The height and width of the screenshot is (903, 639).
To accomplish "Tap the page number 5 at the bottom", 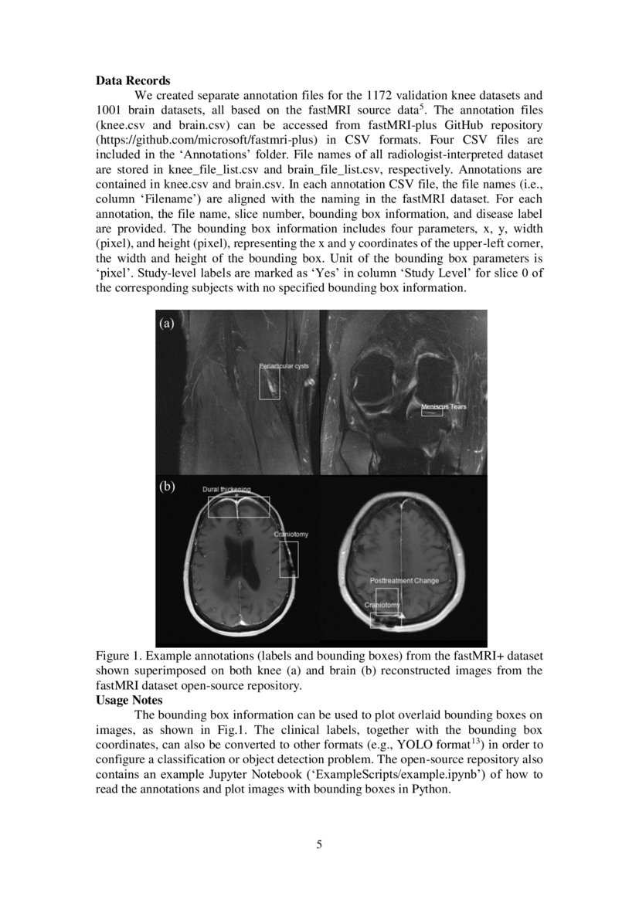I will click(319, 844).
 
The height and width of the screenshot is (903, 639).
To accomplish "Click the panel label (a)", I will click(167, 324).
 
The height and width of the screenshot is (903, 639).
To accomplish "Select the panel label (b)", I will click(167, 487).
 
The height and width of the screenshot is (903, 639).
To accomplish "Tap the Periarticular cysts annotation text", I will click(284, 365).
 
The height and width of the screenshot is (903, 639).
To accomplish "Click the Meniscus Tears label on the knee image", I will click(444, 406).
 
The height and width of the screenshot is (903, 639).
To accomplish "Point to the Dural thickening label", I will click(226, 490).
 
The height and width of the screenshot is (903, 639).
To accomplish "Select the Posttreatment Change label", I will click(404, 580).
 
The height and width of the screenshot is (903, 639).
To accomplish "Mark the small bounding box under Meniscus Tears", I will click(431, 413).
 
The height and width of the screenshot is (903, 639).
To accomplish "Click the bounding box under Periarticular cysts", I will click(270, 384).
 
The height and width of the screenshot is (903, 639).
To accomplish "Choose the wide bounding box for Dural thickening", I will click(239, 507).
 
